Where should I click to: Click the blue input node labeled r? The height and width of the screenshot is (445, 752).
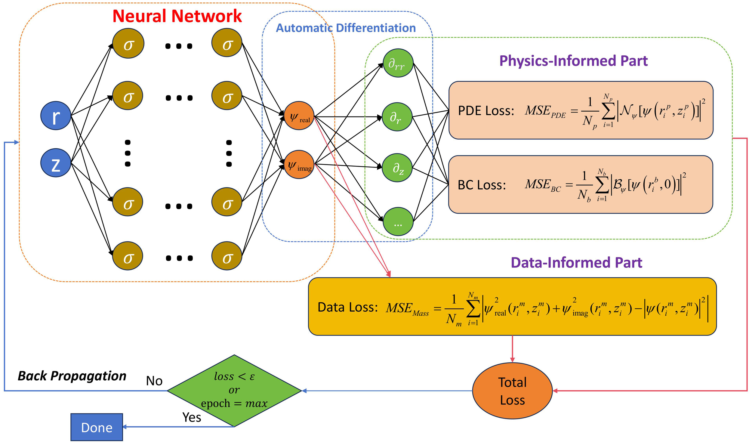(56, 116)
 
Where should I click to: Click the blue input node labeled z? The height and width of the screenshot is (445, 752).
(56, 163)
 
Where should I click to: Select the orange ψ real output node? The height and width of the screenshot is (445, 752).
(299, 116)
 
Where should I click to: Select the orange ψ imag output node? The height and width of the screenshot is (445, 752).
(299, 165)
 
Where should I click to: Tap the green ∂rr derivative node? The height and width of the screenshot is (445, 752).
(398, 63)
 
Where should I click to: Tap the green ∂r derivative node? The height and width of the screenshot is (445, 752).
(397, 117)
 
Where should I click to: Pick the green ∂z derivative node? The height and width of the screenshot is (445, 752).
(397, 168)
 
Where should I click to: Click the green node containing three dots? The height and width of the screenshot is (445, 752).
(398, 222)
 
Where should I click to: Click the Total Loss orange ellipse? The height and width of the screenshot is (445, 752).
(512, 391)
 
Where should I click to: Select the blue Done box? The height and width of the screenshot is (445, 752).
(97, 427)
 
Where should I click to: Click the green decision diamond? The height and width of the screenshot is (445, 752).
(234, 391)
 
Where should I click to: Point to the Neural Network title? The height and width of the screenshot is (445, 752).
(177, 16)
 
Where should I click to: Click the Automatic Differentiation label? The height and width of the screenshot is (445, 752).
(346, 28)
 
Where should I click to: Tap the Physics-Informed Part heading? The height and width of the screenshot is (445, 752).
(573, 61)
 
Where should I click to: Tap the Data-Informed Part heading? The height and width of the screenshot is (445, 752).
(576, 263)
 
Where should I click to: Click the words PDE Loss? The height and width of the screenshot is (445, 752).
(486, 111)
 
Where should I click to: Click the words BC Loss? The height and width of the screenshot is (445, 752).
(482, 185)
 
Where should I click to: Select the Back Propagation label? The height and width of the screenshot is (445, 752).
(72, 376)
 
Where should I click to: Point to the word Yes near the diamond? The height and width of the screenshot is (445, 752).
(192, 417)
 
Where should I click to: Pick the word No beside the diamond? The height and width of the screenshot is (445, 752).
(154, 381)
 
